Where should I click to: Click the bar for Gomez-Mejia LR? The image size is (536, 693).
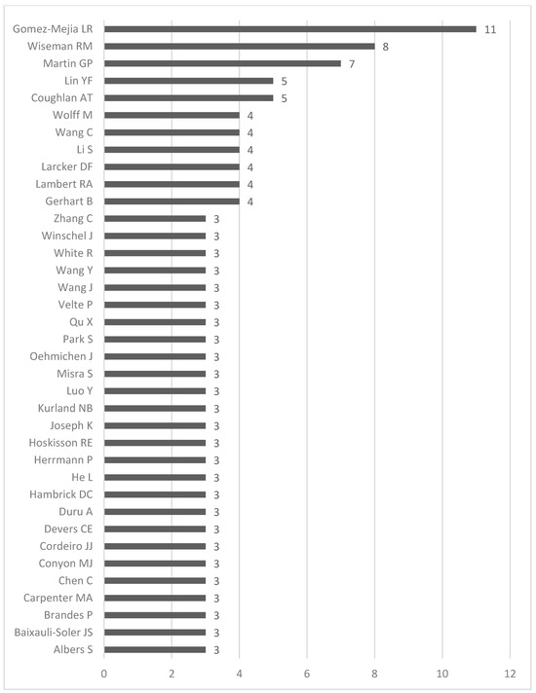[289, 29]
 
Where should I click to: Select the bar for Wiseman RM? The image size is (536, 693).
[239, 46]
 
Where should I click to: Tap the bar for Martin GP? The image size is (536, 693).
[222, 63]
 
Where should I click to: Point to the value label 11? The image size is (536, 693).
[490, 29]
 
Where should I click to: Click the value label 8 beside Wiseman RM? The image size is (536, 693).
[386, 46]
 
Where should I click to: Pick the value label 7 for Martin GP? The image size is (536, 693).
[352, 63]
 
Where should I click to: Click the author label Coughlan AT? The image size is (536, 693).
[64, 98]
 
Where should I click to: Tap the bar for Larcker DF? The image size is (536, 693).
[172, 166]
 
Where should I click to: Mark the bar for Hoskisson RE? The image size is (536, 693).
[154, 442]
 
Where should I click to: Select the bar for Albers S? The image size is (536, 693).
[154, 649]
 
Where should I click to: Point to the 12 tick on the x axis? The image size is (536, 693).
[510, 673]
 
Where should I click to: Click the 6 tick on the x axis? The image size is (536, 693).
[307, 673]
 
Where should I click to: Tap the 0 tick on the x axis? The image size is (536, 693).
[104, 673]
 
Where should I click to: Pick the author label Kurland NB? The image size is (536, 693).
[65, 408]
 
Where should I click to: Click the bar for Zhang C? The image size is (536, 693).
[154, 218]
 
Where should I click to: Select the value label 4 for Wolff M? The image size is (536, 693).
[250, 115]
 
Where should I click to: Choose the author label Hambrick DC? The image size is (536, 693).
[61, 494]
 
